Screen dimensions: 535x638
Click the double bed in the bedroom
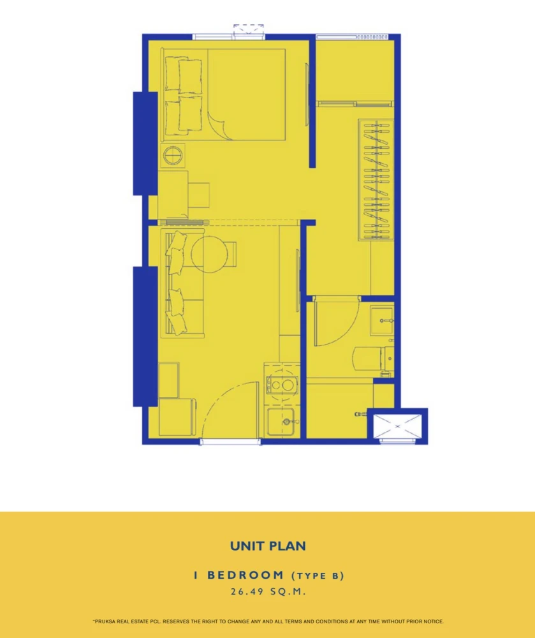[223, 95]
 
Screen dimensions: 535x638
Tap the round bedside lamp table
[172, 155]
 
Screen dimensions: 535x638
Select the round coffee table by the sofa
[209, 254]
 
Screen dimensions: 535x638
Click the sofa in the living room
[182, 283]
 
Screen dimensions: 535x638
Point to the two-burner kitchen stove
[281, 385]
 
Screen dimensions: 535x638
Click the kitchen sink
[281, 422]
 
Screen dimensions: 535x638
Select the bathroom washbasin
[382, 321]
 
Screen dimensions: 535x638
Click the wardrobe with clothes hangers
[376, 179]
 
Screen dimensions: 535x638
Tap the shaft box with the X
[397, 426]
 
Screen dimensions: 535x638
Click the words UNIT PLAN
[268, 546]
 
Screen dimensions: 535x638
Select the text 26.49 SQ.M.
[268, 591]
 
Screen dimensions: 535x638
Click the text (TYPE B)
[318, 575]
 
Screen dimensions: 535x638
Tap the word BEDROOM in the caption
[246, 575]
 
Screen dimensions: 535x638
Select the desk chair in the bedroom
[199, 195]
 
